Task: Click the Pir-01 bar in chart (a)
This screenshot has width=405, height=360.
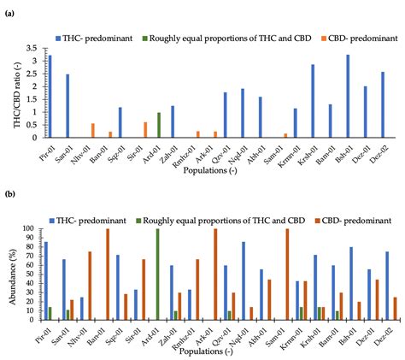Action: click(50, 96)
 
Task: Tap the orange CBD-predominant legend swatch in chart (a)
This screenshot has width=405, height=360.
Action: click(278, 38)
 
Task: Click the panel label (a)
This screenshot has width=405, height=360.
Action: click(9, 14)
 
